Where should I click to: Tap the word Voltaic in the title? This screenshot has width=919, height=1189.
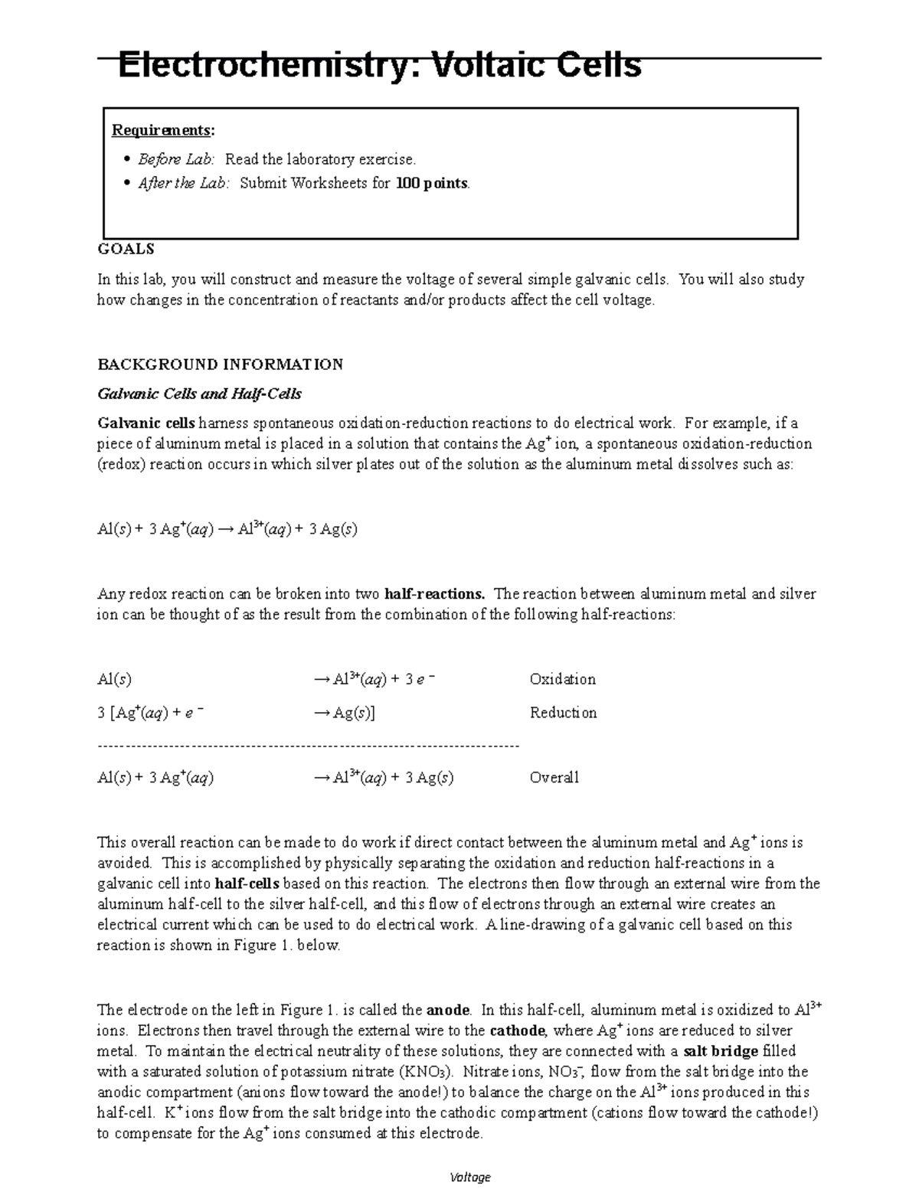coord(488,66)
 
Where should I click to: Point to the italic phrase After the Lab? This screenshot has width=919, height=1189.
coord(183,183)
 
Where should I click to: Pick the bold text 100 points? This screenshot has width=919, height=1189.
coord(431,183)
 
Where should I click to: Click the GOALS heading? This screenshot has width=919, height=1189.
coord(126,249)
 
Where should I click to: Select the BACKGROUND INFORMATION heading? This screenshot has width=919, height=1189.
coord(220,364)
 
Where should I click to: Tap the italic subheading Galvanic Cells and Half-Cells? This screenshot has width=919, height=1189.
coord(199,394)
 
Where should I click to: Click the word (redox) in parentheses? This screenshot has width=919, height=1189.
coord(120,465)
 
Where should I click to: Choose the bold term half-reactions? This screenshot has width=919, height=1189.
coord(434,594)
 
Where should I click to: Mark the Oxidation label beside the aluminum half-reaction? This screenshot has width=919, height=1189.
coord(562,679)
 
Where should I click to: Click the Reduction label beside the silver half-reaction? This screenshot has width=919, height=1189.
coord(563,713)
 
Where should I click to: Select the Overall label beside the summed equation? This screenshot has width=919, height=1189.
coord(554,778)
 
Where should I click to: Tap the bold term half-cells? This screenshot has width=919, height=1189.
coord(247,884)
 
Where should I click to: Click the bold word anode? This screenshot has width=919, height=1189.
coord(448,1010)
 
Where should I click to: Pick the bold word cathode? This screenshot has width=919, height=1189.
coord(517,1031)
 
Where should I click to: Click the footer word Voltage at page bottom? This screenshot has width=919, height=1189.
coord(470,1177)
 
